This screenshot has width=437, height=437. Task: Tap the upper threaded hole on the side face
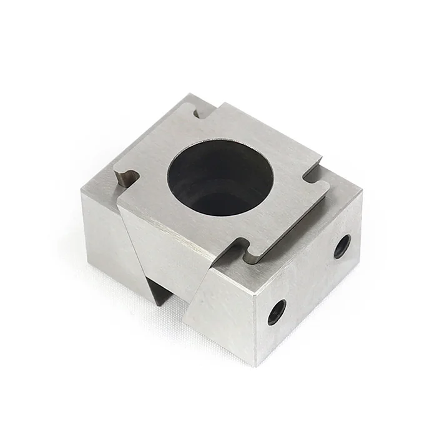tap(341, 246)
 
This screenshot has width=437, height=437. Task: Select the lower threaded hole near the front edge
tap(277, 312)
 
